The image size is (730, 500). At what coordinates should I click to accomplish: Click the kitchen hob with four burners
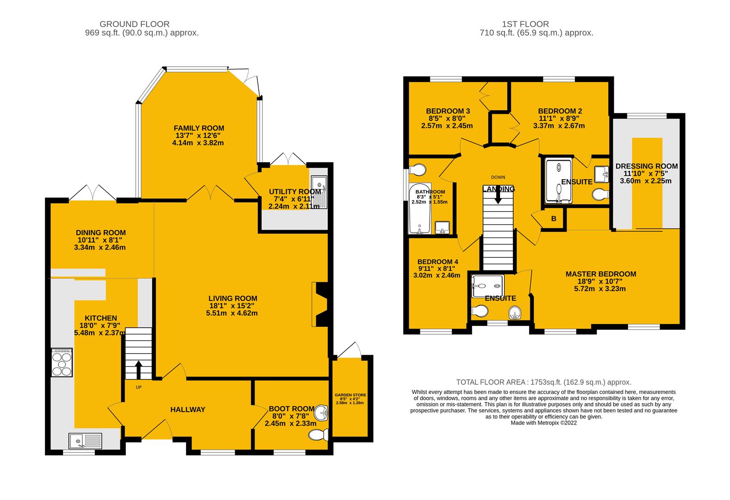[x=62, y=362]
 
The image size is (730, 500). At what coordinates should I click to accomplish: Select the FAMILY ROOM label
[x=199, y=128]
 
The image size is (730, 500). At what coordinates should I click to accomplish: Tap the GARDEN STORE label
[x=350, y=395]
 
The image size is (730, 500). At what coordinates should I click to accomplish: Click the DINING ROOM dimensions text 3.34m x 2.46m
[x=100, y=248]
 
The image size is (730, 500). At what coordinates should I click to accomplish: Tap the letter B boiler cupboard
[x=554, y=219]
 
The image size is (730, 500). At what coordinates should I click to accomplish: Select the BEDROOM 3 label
[x=448, y=111]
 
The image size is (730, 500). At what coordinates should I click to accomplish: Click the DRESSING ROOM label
[x=646, y=166]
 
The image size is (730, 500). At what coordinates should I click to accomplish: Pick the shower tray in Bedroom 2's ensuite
[x=559, y=181]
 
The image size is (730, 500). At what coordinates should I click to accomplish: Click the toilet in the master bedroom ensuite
[x=514, y=314]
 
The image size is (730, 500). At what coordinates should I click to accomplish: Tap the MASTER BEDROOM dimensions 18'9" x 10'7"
[x=600, y=281]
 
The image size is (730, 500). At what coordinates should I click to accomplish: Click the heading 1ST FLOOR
[x=525, y=24]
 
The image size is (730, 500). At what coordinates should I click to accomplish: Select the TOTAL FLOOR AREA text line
[x=543, y=382]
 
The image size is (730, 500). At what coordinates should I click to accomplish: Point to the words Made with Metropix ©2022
[x=543, y=423]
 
